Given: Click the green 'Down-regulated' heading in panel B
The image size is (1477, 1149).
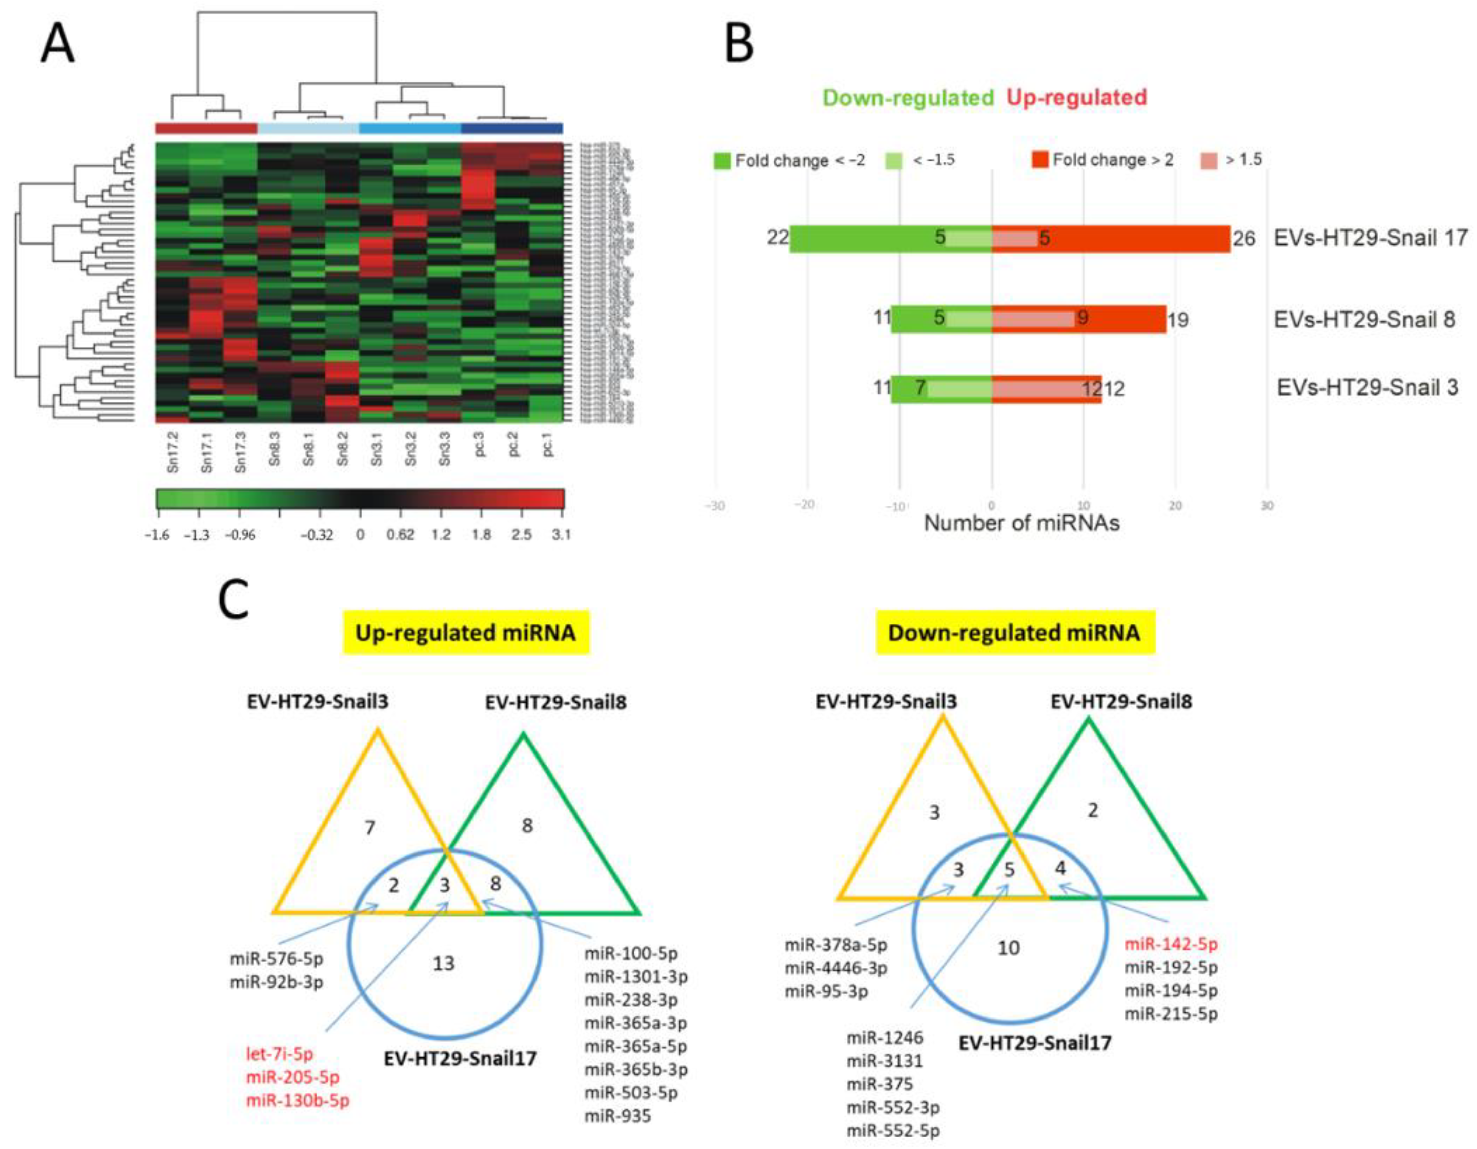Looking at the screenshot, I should point(908,98).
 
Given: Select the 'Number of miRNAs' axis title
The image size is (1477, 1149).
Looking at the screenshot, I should point(1021,523).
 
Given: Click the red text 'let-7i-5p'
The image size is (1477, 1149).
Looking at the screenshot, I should point(279,1054).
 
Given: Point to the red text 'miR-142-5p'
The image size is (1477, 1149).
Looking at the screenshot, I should point(1171,944).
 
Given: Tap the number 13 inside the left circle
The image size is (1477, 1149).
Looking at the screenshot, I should point(444,963).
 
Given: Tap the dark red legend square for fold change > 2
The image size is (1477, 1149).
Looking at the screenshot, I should point(1040,160).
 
